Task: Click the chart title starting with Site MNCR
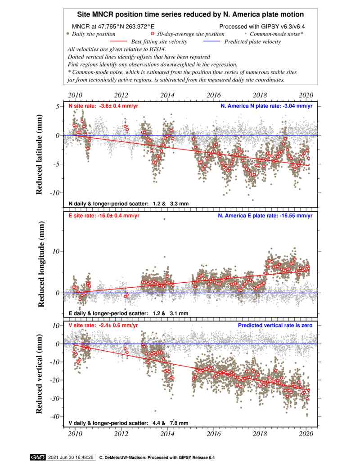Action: pyautogui.click(x=190, y=14)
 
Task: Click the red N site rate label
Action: pyautogui.click(x=103, y=106)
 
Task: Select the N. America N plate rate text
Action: pyautogui.click(x=266, y=106)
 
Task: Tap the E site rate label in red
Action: pyautogui.click(x=103, y=216)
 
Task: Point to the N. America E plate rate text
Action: pyautogui.click(x=265, y=216)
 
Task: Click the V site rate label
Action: pyautogui.click(x=103, y=326)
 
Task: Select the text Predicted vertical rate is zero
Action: pyautogui.click(x=275, y=326)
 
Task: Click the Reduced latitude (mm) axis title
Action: pyautogui.click(x=39, y=154)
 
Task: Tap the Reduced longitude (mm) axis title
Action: pyautogui.click(x=41, y=264)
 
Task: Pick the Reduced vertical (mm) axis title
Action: pyautogui.click(x=39, y=374)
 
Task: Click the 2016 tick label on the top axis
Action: pyautogui.click(x=214, y=95)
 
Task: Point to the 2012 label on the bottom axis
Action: pyautogui.click(x=121, y=434)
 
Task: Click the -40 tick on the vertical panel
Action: pyautogui.click(x=55, y=416)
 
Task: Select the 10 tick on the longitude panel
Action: pyautogui.click(x=56, y=251)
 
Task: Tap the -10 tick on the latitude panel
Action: pyautogui.click(x=55, y=193)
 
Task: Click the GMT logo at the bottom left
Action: pyautogui.click(x=38, y=457)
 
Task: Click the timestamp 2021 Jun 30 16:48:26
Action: pyautogui.click(x=71, y=457)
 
